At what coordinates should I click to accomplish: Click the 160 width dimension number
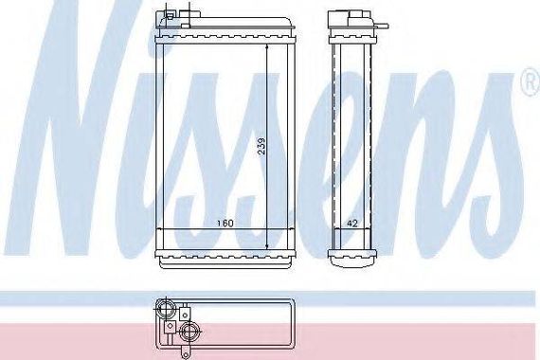[225, 223]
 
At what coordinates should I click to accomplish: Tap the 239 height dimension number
[261, 147]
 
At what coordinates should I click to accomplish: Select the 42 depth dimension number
[351, 224]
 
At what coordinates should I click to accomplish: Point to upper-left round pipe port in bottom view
[165, 306]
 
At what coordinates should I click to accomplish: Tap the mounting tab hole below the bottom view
[186, 353]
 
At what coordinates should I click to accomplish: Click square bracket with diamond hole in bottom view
[170, 327]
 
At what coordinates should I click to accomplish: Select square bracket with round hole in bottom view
[185, 314]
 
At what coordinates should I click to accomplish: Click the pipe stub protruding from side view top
[383, 26]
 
